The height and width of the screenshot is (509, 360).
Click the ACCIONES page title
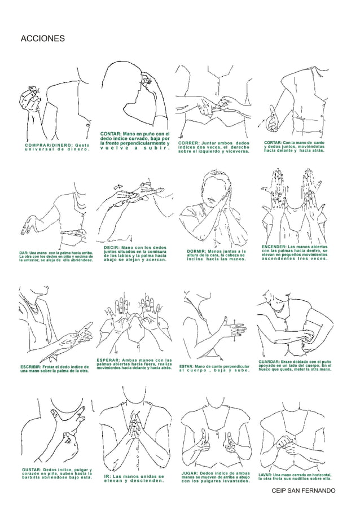click(x=42, y=39)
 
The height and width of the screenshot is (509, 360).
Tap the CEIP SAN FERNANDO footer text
click(x=303, y=491)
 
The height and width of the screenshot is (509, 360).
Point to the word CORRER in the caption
click(x=188, y=143)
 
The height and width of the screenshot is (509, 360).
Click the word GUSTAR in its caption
click(x=31, y=469)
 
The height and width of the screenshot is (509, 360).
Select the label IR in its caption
click(x=107, y=476)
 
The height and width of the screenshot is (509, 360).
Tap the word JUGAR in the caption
click(x=189, y=473)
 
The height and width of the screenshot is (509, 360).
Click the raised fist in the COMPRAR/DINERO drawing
click(x=29, y=99)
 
